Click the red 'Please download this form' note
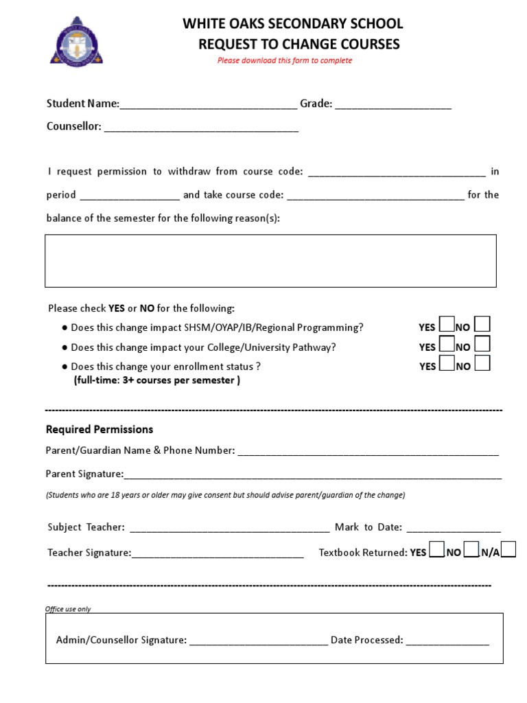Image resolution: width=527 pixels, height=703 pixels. [285, 60]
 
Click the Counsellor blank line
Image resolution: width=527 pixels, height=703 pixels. [201, 128]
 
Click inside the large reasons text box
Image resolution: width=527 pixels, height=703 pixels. [270, 260]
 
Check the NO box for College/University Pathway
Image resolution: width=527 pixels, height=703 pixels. [482, 344]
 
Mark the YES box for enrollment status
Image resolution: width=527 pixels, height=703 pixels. [446, 363]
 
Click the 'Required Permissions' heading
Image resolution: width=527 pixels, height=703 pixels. [99, 430]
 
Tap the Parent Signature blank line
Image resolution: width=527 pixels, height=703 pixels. [313, 476]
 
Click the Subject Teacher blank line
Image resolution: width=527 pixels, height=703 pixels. [229, 529]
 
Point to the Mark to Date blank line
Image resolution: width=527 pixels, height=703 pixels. [454, 529]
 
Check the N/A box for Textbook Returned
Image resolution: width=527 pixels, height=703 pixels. [508, 550]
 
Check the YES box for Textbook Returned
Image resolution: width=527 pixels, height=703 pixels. [436, 550]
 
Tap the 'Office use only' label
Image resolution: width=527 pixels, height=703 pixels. [68, 609]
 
